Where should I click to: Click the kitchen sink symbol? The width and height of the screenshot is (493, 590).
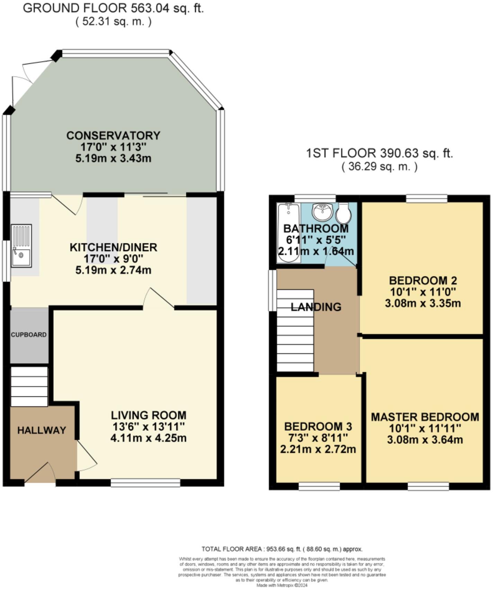pyautogui.click(x=21, y=246)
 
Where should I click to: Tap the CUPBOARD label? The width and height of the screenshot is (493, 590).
pyautogui.click(x=29, y=335)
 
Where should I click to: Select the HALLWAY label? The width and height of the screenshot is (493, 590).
pyautogui.click(x=42, y=430)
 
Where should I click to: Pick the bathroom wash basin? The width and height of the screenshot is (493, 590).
pyautogui.click(x=322, y=212)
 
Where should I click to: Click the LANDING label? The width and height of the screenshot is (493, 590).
pyautogui.click(x=316, y=307)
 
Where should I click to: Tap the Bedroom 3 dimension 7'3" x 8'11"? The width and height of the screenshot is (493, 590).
pyautogui.click(x=318, y=438)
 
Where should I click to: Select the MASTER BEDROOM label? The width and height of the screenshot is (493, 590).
pyautogui.click(x=425, y=417)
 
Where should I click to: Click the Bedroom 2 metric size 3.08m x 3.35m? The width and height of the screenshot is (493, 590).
pyautogui.click(x=423, y=304)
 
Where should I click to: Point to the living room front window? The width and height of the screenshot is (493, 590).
pyautogui.click(x=145, y=483)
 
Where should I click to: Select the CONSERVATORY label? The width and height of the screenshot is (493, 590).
pyautogui.click(x=113, y=135)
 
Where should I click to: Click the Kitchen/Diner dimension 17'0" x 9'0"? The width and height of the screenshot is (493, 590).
pyautogui.click(x=113, y=259)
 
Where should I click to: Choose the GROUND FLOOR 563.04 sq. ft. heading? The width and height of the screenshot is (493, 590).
pyautogui.click(x=113, y=8)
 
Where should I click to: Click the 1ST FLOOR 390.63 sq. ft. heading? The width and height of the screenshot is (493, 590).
pyautogui.click(x=379, y=153)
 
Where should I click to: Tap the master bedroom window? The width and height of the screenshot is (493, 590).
pyautogui.click(x=428, y=486)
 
